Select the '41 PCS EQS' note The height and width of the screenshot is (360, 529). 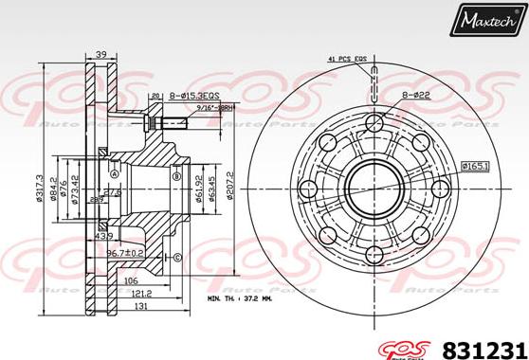[x=346, y=60]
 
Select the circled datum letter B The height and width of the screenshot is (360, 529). [x=176, y=175]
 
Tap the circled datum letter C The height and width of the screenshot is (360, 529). [x=177, y=257]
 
